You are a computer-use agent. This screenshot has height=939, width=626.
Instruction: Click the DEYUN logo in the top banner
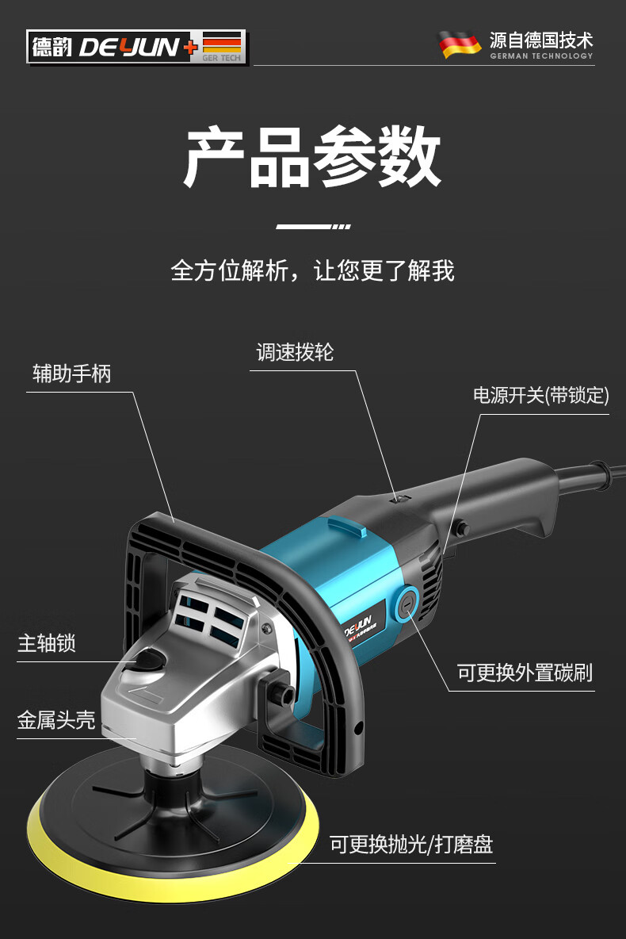[x=136, y=47]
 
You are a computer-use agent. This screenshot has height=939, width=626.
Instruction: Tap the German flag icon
[x=460, y=44]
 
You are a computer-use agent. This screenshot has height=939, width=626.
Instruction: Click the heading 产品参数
[x=312, y=156]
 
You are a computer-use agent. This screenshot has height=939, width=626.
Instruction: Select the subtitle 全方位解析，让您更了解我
[x=312, y=270]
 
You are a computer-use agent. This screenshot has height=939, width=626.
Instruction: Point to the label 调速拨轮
[x=295, y=352]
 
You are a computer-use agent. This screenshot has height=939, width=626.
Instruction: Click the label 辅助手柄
[x=71, y=374]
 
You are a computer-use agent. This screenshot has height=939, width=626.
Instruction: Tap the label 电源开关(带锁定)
[x=540, y=396]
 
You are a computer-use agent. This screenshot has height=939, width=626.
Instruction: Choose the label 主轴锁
[x=47, y=642]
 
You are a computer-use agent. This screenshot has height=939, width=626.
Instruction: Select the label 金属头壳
[x=56, y=720]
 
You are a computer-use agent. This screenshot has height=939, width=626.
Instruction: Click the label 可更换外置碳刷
[x=525, y=673]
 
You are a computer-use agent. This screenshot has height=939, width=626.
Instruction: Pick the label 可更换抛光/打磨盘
[x=411, y=845]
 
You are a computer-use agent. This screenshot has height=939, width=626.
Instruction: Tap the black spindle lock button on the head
[x=151, y=659]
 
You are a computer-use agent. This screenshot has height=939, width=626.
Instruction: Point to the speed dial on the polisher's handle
[x=401, y=497]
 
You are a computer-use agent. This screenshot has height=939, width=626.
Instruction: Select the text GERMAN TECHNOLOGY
[x=541, y=56]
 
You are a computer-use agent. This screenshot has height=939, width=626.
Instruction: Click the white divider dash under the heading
[x=312, y=227]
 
